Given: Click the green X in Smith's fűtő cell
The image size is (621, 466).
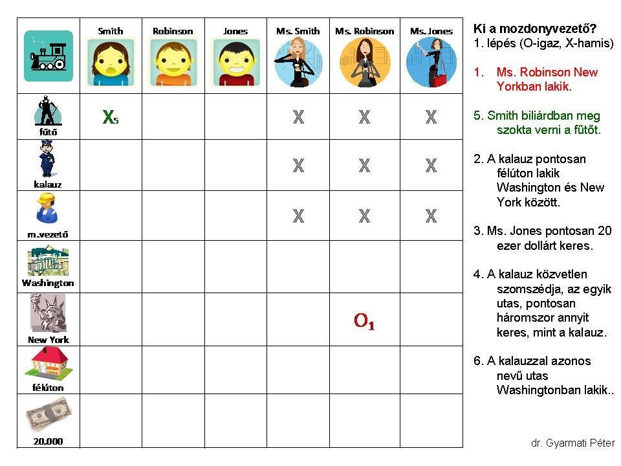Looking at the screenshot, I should click(109, 117).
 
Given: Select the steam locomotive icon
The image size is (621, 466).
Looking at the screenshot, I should click(49, 56).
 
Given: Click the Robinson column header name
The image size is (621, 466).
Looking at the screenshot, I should click(173, 31).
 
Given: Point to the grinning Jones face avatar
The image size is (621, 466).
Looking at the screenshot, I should click(235, 62).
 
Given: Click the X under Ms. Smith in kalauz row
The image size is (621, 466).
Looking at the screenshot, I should click(298, 166).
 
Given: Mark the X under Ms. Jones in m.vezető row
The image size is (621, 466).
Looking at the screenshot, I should click(431, 216).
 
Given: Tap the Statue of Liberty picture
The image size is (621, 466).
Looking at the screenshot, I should click(47, 313).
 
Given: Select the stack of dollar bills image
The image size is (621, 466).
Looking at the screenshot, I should click(47, 416).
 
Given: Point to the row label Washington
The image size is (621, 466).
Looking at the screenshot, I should click(48, 283).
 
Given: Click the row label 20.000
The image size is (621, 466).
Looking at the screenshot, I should click(49, 442).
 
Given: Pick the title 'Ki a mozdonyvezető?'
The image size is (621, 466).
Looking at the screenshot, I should click(535, 29).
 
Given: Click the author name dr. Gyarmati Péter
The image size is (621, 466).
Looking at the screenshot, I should click(572, 443).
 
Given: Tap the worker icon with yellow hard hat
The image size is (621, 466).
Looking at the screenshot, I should click(47, 210).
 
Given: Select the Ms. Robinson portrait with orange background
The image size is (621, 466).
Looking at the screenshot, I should click(364, 62).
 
